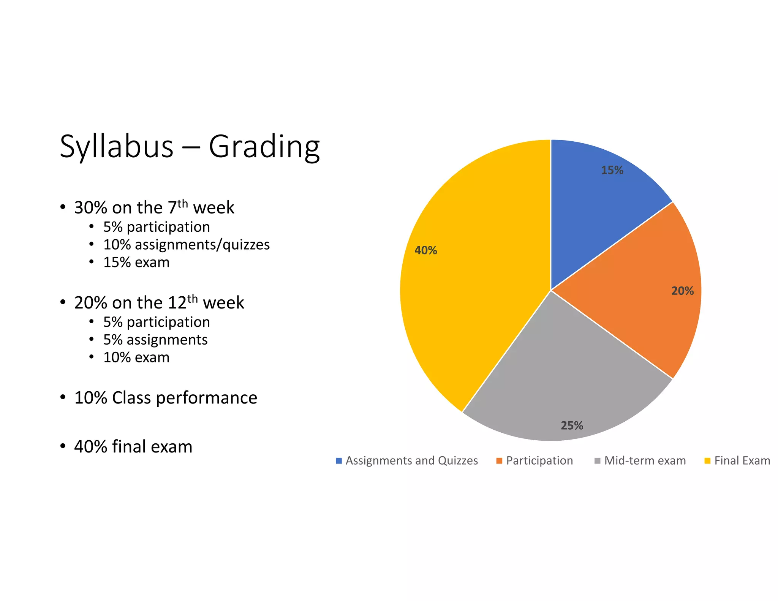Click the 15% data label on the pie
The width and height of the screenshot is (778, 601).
(612, 170)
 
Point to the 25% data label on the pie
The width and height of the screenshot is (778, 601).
(572, 425)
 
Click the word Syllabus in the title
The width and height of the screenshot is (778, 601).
(117, 147)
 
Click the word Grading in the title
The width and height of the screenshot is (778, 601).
(264, 147)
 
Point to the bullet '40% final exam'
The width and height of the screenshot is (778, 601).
(133, 446)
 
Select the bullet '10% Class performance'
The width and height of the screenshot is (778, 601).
(166, 398)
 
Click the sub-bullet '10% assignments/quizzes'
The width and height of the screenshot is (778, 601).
(186, 245)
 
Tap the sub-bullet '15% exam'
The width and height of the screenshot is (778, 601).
(136, 263)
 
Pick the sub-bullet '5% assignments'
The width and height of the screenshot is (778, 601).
(155, 340)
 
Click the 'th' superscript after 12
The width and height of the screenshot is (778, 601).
(193, 299)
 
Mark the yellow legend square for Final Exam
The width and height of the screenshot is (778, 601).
(707, 461)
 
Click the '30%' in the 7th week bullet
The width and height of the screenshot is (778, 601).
(91, 208)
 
